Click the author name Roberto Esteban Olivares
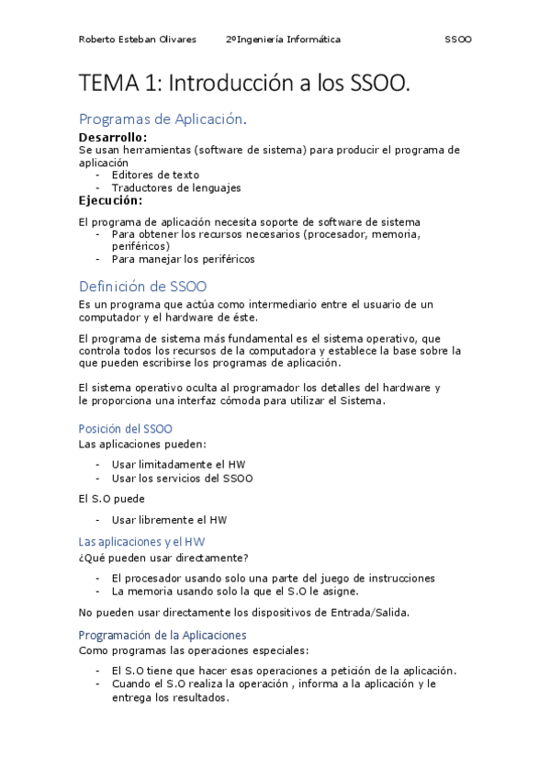pos(137,40)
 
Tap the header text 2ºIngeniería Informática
pos(283,40)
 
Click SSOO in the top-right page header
pos(457,40)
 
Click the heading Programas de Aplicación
pos(163,119)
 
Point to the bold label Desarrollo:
pos(113,137)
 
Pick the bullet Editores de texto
pos(155,175)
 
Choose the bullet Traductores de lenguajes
pos(176,187)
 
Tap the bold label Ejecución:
pos(110,200)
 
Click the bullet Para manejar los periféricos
pos(183,259)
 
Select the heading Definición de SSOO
pos(143,286)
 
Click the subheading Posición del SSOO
pos(126,429)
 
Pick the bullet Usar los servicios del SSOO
pos(182,478)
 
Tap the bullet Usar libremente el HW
pos(170,520)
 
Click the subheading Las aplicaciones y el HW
pos(142,542)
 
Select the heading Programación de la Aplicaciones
pos(163,635)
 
